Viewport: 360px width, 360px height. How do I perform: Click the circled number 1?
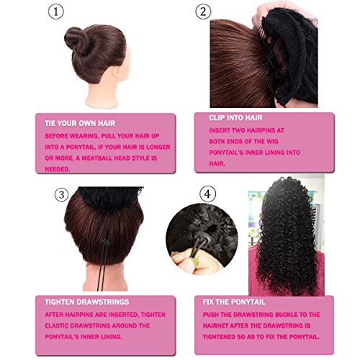(x=56, y=12)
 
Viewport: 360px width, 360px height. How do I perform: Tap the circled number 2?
(x=203, y=12)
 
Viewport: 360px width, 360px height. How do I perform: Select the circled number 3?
(x=61, y=194)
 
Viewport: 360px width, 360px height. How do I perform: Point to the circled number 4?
(x=208, y=194)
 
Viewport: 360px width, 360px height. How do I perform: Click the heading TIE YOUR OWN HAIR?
(x=80, y=123)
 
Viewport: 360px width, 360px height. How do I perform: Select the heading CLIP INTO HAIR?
(x=235, y=118)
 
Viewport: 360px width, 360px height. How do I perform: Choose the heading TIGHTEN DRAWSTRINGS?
(x=87, y=302)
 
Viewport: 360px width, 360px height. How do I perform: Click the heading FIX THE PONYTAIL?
(x=234, y=302)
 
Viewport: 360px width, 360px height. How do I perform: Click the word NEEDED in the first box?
(x=58, y=169)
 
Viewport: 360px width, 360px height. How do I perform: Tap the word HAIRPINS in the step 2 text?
(x=261, y=130)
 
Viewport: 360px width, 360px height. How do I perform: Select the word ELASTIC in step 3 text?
(x=57, y=325)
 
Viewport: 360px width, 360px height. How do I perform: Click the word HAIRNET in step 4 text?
(x=215, y=325)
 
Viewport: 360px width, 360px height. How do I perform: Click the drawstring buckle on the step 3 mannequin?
(x=105, y=243)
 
